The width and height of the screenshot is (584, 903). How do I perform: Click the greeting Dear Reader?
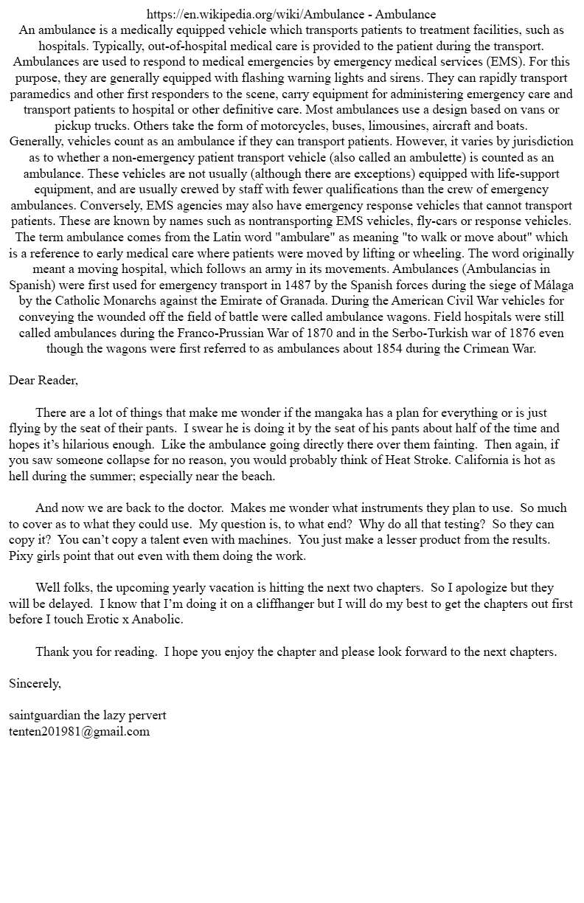[44, 381]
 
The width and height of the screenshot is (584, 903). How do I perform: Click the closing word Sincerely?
[35, 684]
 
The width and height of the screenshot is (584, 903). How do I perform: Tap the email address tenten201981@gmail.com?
[79, 732]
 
